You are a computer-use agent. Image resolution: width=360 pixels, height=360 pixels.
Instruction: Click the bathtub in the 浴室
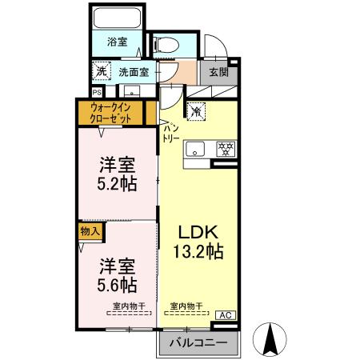point(117,18)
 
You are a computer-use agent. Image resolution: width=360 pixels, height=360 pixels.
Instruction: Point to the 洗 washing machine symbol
point(101,71)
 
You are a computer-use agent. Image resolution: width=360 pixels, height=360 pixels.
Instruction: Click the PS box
point(96,91)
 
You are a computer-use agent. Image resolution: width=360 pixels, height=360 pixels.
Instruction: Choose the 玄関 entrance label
point(218,72)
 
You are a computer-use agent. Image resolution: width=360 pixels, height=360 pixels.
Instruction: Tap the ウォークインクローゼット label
point(110,112)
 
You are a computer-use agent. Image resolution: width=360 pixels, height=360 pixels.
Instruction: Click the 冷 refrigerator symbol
point(195,111)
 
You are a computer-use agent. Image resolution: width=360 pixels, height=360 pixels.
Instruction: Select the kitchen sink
point(194,149)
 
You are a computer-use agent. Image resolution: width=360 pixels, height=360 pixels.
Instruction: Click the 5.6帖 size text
point(117,284)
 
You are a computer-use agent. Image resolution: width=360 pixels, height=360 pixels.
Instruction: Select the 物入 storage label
point(90,231)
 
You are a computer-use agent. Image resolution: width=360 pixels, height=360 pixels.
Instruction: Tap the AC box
point(226,314)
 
